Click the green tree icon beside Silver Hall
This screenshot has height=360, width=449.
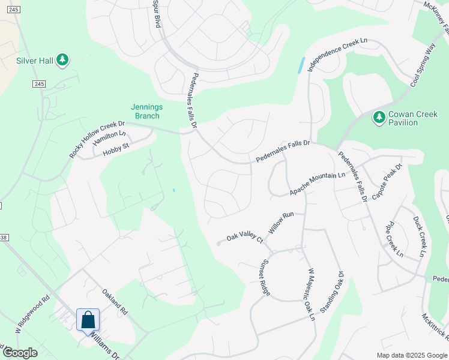point(62,60)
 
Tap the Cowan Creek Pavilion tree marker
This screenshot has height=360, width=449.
point(379,118)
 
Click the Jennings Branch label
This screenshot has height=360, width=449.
point(146,111)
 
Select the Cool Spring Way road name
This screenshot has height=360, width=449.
point(423,65)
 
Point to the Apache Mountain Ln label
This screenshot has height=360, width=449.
point(318,184)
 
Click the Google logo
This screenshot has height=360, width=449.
point(20,353)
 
